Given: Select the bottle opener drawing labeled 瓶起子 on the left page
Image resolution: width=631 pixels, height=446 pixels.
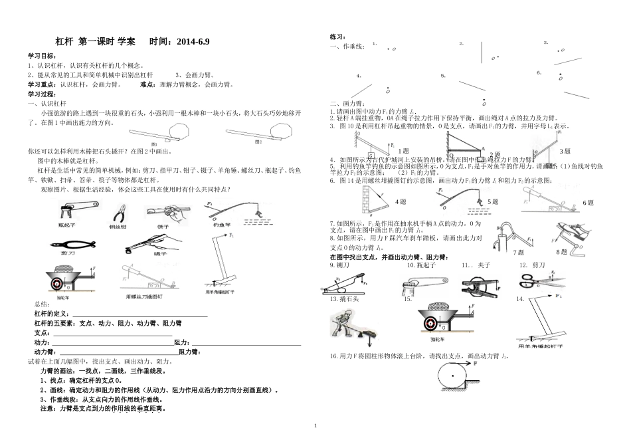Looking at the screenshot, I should tap(68, 211).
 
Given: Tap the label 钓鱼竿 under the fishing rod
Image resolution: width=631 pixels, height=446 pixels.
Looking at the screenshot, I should tap(222, 226).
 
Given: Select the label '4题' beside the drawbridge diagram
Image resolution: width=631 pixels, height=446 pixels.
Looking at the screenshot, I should tap(401, 201).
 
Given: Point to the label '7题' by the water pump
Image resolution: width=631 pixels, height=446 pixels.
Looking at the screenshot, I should tap(518, 253).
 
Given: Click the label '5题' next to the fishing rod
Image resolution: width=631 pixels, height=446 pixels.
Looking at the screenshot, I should tap(493, 201).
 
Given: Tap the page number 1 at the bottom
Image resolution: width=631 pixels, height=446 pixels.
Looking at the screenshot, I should tap(315, 425).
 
